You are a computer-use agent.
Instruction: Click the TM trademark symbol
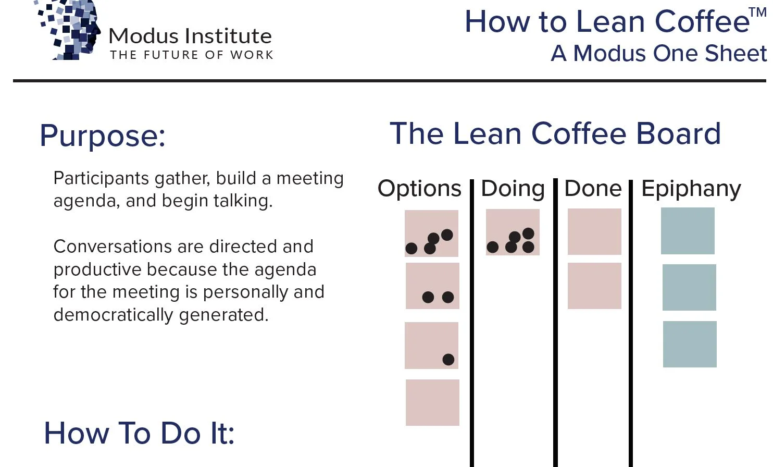click(x=757, y=13)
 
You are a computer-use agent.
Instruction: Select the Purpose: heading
click(x=103, y=136)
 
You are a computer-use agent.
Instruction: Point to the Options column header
click(x=419, y=189)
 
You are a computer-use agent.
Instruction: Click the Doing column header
click(x=513, y=189)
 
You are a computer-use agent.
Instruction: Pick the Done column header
click(x=593, y=189)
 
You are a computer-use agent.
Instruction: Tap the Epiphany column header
click(x=691, y=189)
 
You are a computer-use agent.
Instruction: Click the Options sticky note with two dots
click(x=432, y=286)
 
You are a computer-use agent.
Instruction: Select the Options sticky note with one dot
click(x=431, y=345)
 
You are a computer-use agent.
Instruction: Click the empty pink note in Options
click(x=432, y=402)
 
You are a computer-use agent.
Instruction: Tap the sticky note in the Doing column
click(x=513, y=232)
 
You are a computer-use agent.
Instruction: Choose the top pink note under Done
click(x=594, y=231)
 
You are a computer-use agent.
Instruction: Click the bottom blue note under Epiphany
click(x=690, y=344)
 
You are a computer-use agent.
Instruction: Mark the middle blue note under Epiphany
click(x=689, y=287)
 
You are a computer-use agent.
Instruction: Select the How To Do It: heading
click(x=139, y=433)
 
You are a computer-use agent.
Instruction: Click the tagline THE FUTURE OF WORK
click(x=192, y=55)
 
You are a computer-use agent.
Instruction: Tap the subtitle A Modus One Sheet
click(x=658, y=53)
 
